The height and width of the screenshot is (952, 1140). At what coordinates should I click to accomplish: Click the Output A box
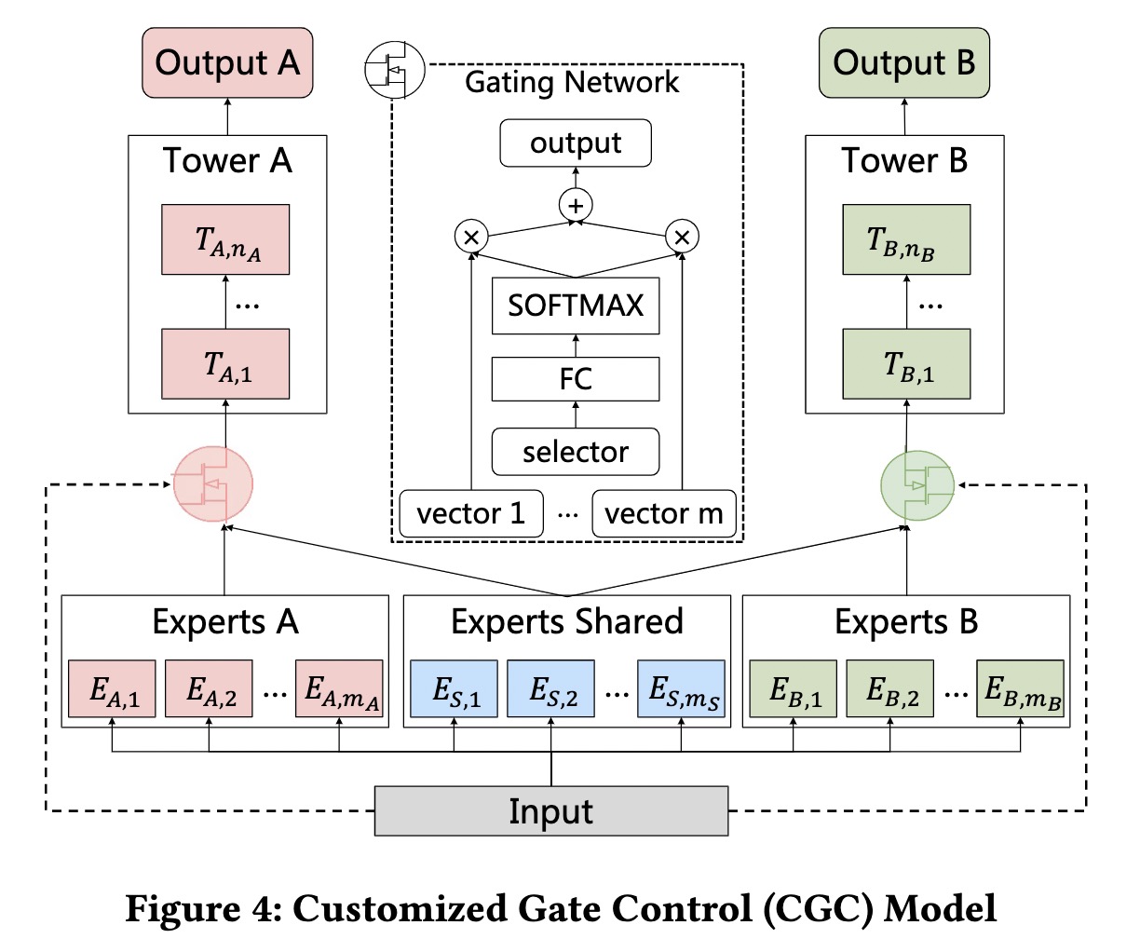pos(227,62)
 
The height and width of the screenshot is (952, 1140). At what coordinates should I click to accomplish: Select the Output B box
pos(903,62)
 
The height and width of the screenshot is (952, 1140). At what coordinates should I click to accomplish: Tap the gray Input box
pos(550,810)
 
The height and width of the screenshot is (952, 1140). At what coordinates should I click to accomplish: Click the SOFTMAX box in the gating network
pos(576,306)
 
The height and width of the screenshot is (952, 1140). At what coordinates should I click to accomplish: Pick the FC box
pos(576,379)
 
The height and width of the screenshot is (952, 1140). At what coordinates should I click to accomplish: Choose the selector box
pos(576,452)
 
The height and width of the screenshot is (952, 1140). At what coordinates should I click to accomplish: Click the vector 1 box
pos(470,513)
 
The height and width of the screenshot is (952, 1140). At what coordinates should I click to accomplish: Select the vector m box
pos(663,513)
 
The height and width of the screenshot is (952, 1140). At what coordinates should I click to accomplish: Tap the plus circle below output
pos(576,205)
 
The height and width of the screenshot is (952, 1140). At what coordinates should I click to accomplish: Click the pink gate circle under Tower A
pos(213,483)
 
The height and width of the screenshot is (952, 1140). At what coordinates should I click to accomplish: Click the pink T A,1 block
pos(225,364)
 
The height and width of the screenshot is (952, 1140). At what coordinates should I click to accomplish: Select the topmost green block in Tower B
pos(906,239)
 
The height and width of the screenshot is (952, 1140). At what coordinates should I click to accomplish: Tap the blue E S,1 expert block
pos(455,689)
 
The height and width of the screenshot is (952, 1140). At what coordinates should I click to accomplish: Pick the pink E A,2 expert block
pos(209,689)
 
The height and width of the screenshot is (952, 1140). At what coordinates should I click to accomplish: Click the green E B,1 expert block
pos(794,689)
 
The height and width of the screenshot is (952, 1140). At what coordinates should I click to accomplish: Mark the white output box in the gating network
pos(576,143)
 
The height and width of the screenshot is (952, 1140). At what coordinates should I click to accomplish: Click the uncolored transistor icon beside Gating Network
pos(393,70)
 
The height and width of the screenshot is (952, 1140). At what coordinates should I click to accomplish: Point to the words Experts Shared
pos(566,621)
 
